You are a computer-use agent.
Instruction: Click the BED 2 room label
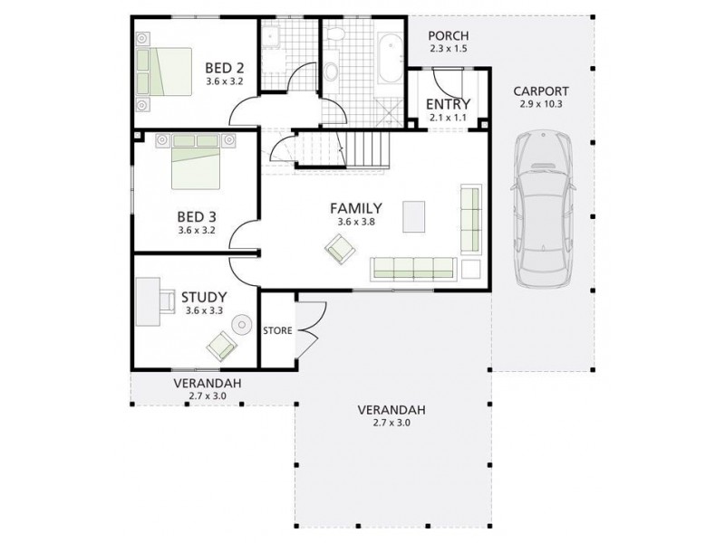tap(224, 67)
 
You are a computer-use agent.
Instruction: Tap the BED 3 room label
tap(196, 216)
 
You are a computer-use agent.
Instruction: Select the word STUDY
tap(203, 296)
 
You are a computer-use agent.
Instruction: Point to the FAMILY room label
tap(355, 207)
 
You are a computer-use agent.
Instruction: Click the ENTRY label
tap(447, 103)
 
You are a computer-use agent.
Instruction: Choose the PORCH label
tap(448, 35)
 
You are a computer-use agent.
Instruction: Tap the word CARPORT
tap(540, 90)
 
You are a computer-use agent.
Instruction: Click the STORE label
tap(277, 331)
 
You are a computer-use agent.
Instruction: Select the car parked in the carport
tap(542, 207)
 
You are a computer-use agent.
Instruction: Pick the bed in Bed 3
tap(195, 161)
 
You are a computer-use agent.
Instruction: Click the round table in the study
tap(242, 325)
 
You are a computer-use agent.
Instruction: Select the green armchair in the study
tap(220, 345)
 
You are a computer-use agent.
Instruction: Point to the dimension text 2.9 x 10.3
tap(540, 105)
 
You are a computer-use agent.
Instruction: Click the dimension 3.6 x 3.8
tap(355, 222)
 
